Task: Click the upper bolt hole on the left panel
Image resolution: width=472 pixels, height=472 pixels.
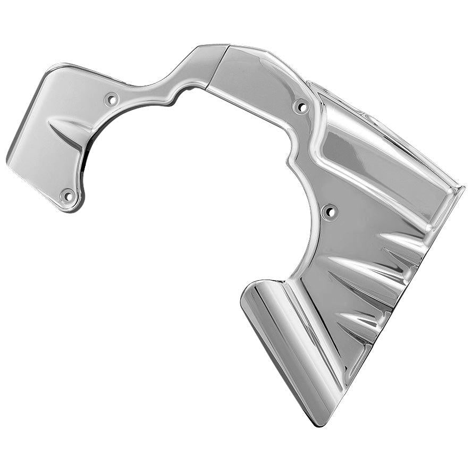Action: point(112,99)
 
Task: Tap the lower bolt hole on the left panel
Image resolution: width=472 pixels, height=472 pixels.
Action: point(68,196)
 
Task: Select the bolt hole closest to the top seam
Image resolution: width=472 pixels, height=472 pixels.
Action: point(301,107)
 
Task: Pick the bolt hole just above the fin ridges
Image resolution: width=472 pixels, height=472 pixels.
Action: point(330,212)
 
